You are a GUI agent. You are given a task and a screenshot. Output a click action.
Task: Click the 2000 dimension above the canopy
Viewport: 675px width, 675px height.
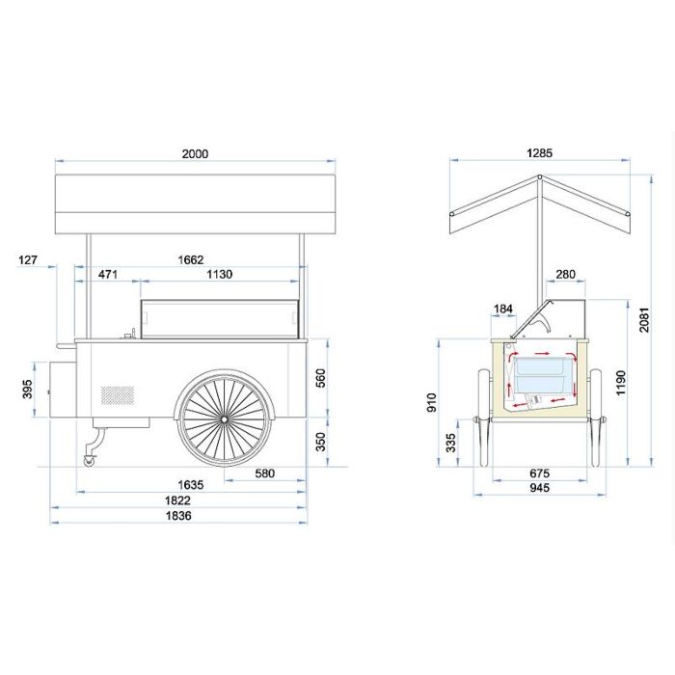[195, 153]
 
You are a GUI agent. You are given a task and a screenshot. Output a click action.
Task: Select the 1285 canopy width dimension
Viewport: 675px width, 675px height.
[539, 152]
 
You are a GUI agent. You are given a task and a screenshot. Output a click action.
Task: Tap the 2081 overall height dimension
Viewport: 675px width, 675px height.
[643, 320]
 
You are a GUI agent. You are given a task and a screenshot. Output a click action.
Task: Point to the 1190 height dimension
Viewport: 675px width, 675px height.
[620, 383]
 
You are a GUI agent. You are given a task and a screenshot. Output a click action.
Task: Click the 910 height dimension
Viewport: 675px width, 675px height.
[431, 402]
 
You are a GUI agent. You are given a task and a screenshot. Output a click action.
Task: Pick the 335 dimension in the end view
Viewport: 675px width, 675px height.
[450, 443]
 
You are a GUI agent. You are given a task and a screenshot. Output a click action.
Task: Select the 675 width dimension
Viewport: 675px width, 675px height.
[539, 473]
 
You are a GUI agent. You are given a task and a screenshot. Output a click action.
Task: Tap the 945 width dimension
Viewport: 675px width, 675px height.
[539, 487]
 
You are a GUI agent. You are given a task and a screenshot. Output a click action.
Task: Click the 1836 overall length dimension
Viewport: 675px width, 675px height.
[178, 515]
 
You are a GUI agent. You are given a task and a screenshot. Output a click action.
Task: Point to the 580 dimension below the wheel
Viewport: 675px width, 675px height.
[265, 473]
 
